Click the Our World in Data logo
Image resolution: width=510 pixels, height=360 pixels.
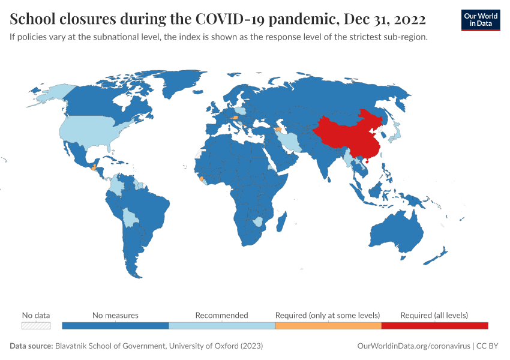(x=480, y=20)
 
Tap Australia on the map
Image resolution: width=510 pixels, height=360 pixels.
(x=396, y=231)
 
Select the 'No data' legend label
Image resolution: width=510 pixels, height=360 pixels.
(x=36, y=315)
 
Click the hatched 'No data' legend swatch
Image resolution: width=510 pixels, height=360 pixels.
(x=36, y=326)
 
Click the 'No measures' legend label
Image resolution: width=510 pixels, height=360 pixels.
(x=115, y=315)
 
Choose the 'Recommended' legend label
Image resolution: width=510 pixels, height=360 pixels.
(x=221, y=315)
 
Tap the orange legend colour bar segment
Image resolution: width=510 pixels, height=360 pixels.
(x=328, y=326)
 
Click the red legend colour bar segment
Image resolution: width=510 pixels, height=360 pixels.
(x=434, y=326)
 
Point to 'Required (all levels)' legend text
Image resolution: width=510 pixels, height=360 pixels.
(x=434, y=315)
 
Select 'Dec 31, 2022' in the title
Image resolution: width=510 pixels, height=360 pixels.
(x=385, y=20)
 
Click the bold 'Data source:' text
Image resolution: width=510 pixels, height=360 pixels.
(x=31, y=346)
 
